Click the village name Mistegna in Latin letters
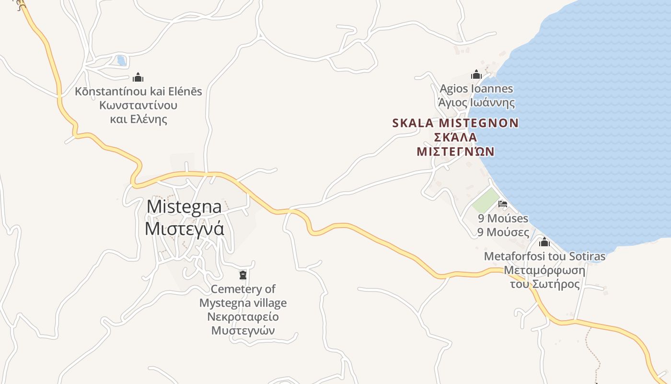[184, 207]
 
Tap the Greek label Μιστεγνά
[184, 228]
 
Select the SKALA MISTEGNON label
[455, 123]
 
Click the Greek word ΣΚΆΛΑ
[455, 137]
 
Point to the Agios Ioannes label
[476, 89]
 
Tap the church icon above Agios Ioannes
[476, 74]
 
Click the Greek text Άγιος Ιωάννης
[476, 103]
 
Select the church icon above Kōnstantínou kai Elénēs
[138, 77]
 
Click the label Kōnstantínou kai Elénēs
[138, 91]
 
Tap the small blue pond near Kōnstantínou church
[121, 61]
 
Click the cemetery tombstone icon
[243, 275]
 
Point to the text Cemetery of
[243, 289]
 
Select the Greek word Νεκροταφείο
[243, 317]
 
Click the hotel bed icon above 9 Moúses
[503, 204]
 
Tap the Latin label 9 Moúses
[503, 218]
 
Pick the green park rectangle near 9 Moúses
[485, 200]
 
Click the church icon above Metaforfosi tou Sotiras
[544, 242]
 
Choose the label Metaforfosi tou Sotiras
[544, 256]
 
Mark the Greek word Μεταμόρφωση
[544, 270]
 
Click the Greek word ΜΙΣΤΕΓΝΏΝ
[455, 152]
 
